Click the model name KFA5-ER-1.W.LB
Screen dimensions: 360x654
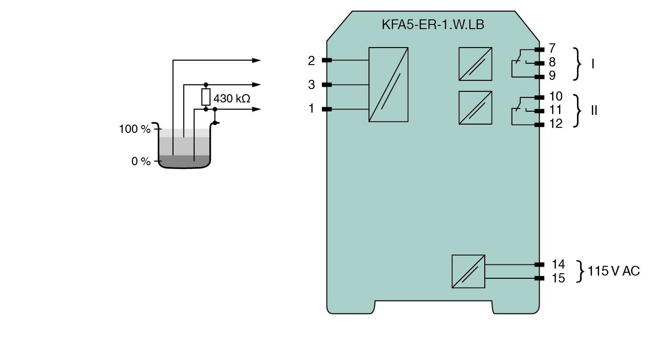coord(433,24)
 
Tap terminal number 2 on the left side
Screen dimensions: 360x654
coord(312,60)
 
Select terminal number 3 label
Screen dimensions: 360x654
coord(312,85)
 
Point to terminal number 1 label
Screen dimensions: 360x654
coord(312,109)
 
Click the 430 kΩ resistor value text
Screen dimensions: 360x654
coord(232,98)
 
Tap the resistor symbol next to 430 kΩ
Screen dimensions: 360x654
coord(206,97)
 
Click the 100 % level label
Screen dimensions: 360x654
coord(135,129)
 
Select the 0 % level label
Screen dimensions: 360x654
coord(141,162)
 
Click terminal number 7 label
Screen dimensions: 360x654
coord(552,48)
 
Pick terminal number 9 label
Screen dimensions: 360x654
coord(552,76)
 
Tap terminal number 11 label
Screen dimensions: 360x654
coord(556,110)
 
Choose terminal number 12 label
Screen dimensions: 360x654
coord(556,124)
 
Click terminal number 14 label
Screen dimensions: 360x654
coord(558,264)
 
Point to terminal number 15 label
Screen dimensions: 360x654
coord(558,278)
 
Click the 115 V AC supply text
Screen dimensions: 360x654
coord(614,271)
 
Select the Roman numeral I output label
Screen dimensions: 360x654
coord(593,64)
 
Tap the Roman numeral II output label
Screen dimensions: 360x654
coord(594,111)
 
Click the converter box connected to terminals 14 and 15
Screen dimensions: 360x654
coord(468,271)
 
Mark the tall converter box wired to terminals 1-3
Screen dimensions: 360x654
coord(388,84)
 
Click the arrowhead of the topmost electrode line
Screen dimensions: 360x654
coord(256,60)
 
